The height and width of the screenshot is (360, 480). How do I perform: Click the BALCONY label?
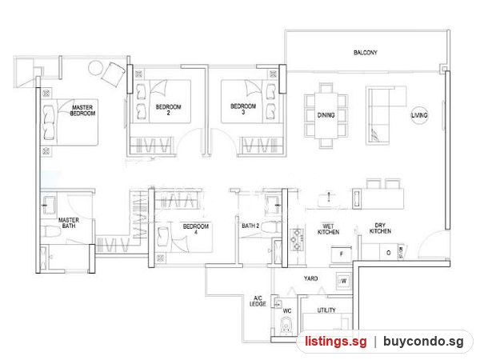366,53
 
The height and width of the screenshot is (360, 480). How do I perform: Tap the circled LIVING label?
419,115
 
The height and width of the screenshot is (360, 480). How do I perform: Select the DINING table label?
326,115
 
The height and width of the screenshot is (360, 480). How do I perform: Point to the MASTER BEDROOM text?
82,110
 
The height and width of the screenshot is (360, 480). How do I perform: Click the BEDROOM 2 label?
168,110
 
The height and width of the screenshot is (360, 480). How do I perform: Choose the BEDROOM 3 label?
243,109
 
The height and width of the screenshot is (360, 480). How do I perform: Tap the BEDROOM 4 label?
196,229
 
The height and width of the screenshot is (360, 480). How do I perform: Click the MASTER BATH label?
69,223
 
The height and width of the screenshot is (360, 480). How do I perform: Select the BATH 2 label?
250,226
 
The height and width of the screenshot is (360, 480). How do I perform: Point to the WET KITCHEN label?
328,230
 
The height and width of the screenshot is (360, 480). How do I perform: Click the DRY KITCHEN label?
380,228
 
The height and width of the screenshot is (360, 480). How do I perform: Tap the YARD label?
310,278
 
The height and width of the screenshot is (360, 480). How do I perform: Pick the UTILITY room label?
326,310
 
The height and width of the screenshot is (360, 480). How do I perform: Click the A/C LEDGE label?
258,301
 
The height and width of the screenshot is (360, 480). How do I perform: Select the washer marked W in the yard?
343,281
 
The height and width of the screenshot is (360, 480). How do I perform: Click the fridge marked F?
342,254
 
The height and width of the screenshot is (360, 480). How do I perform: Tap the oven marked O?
389,253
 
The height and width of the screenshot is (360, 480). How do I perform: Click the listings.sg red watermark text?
335,341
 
